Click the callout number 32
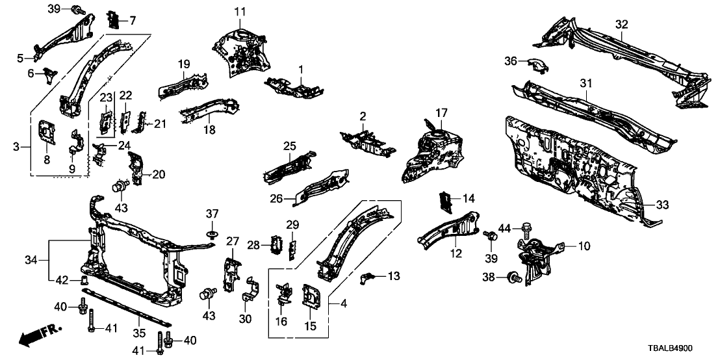pyautogui.click(x=622, y=24)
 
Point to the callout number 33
pyautogui.click(x=662, y=205)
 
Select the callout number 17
pyautogui.click(x=441, y=112)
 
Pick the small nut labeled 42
pyautogui.click(x=83, y=281)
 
